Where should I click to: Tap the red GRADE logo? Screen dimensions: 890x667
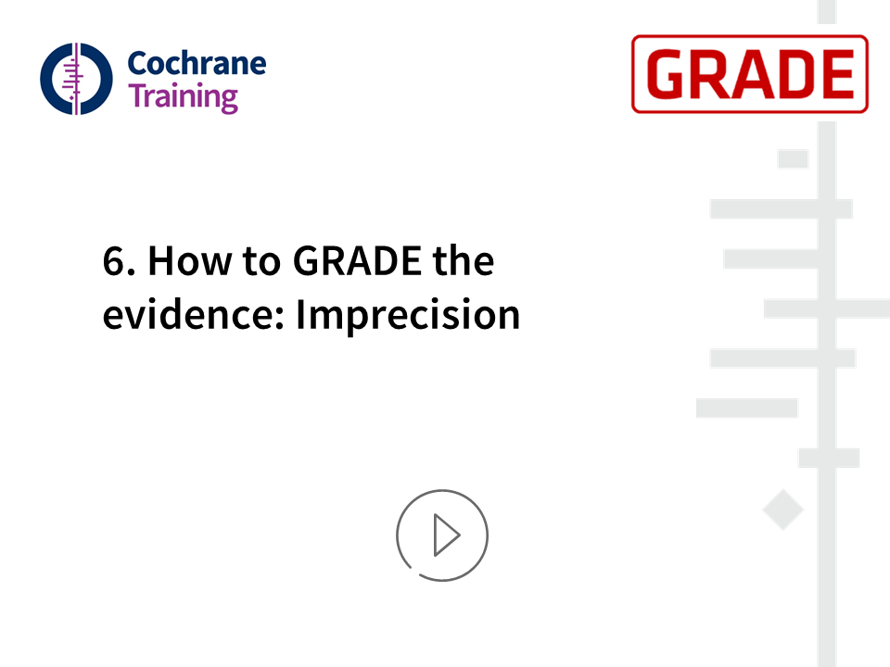(750, 74)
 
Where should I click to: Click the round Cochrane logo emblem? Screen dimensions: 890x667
(76, 79)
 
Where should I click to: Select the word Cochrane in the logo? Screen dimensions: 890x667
(197, 63)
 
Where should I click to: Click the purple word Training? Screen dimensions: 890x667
(184, 97)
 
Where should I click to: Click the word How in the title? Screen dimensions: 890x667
(190, 261)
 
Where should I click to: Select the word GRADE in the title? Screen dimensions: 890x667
(357, 261)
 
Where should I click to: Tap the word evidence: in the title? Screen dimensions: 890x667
(194, 314)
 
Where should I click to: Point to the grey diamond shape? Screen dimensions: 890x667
(782, 510)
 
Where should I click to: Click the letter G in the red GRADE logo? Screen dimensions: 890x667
(666, 74)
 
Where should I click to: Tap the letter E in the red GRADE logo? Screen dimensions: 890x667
(837, 74)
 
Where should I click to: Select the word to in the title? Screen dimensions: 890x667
(261, 262)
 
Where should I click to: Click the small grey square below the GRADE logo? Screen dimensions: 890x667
(793, 158)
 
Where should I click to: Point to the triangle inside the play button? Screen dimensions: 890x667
(447, 535)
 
